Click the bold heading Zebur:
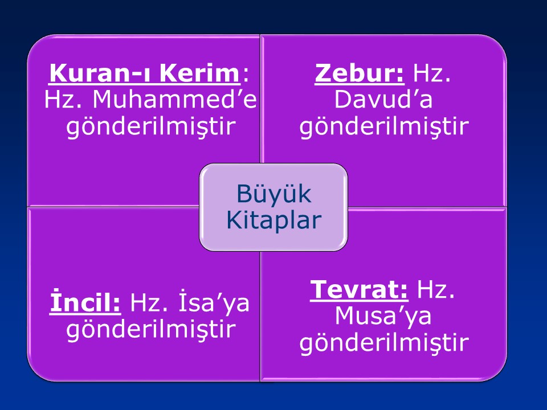click(x=360, y=73)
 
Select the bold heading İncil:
click(x=85, y=302)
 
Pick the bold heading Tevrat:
click(x=359, y=289)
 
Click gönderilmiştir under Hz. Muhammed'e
click(x=151, y=127)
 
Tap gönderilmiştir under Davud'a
click(x=384, y=127)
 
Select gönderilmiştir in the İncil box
click(x=151, y=330)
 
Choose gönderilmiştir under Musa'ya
click(x=384, y=343)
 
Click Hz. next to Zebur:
click(x=431, y=73)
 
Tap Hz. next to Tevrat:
click(x=436, y=289)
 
